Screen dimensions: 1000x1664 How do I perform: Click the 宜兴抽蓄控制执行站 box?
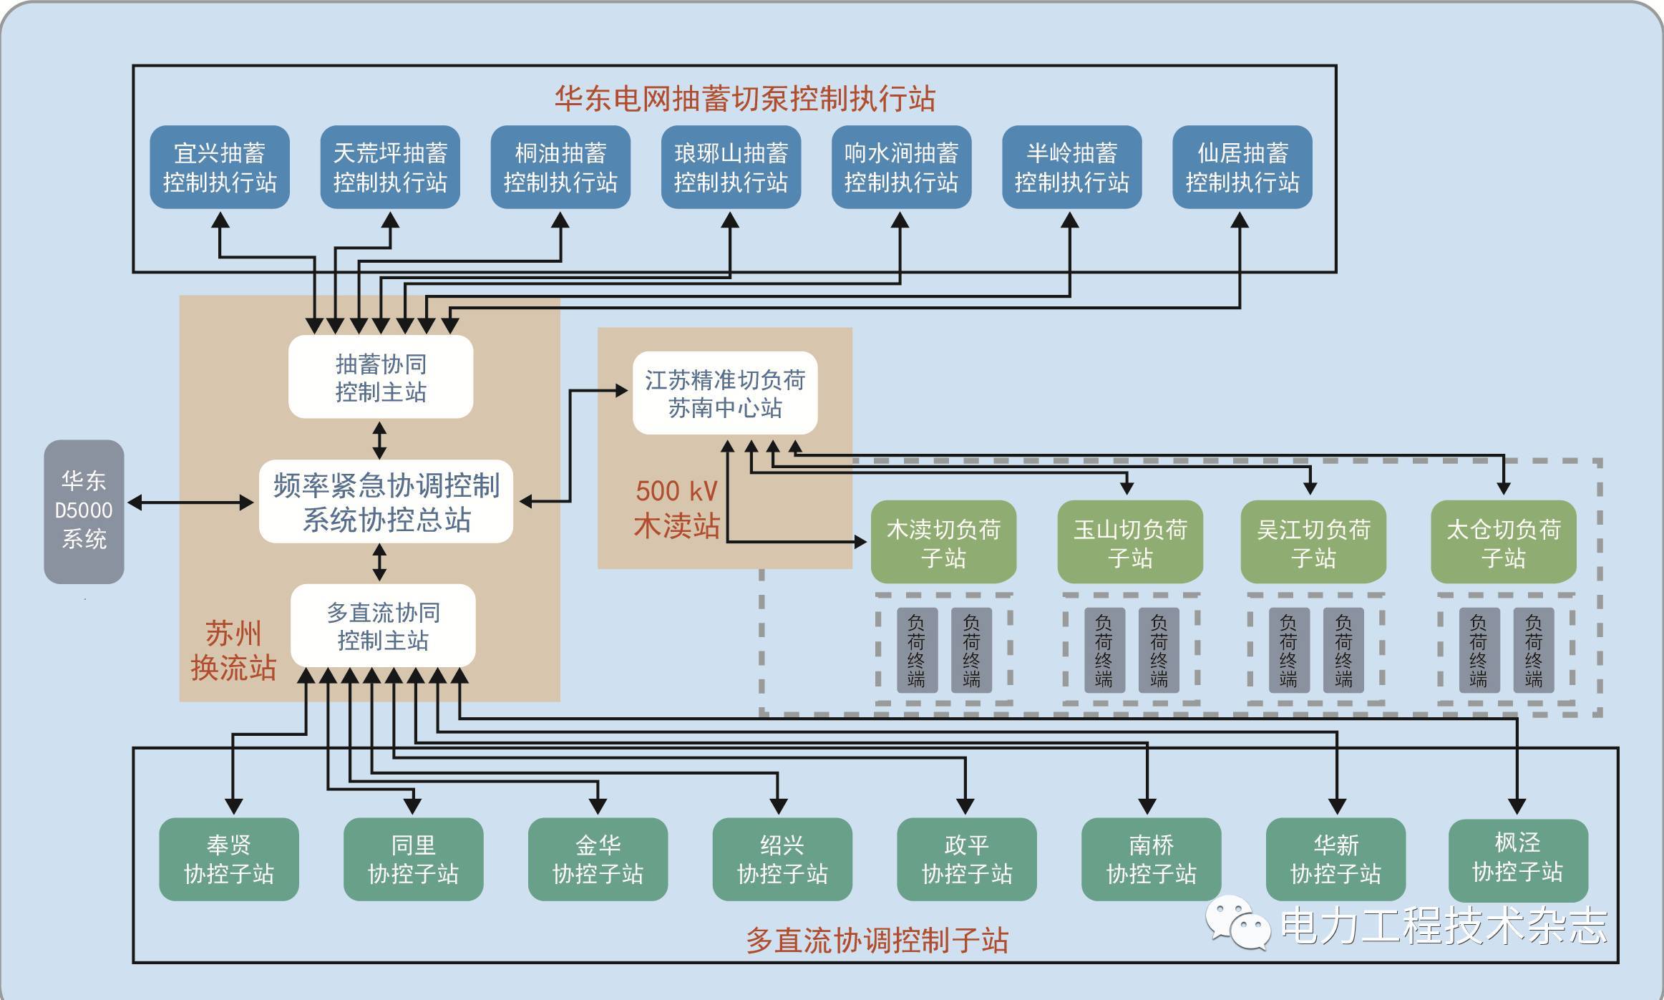click(220, 168)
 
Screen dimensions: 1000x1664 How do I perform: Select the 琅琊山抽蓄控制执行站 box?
click(731, 168)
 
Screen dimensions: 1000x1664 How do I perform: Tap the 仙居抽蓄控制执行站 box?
click(1242, 168)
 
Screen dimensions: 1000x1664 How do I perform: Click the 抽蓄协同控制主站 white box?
click(381, 377)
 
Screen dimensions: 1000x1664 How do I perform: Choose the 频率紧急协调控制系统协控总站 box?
click(386, 502)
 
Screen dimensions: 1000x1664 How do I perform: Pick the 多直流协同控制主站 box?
click(383, 626)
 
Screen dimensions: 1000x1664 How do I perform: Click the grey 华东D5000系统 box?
click(84, 511)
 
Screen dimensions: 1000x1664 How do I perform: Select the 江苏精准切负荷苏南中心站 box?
click(725, 393)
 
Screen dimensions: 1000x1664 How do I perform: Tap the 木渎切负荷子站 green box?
click(943, 543)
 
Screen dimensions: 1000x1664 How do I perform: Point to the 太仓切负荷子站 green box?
click(1503, 543)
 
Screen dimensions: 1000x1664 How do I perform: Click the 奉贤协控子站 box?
click(229, 859)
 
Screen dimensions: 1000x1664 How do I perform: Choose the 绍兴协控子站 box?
click(782, 859)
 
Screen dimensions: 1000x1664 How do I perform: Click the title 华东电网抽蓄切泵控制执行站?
click(745, 98)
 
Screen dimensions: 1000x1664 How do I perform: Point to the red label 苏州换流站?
click(233, 650)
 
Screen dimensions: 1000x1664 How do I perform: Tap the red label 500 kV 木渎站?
click(676, 508)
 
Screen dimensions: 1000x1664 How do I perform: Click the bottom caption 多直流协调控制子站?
click(877, 940)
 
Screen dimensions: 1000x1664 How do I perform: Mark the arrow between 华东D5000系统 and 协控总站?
click(190, 503)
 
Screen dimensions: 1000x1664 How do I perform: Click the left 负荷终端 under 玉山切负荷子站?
click(1104, 650)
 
